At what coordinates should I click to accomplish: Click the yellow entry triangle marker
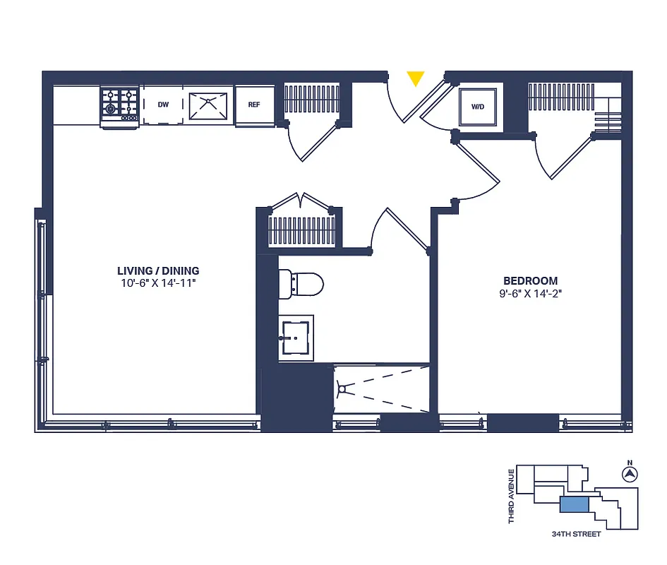tap(416, 78)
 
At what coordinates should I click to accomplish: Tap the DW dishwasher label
tap(163, 105)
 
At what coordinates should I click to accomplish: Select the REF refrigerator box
tap(254, 105)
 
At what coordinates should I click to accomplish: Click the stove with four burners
tap(119, 104)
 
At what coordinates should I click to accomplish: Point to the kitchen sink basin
tap(209, 104)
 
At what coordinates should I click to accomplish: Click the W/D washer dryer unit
tap(478, 107)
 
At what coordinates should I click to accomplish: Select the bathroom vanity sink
tap(296, 337)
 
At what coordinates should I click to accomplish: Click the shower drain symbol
tap(343, 388)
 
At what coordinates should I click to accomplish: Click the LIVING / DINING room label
tap(158, 270)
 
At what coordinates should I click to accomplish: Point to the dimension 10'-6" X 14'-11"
tap(158, 283)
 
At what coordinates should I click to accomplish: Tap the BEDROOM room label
tap(530, 280)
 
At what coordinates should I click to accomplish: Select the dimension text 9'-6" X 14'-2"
tap(530, 293)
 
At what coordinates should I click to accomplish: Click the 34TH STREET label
tap(577, 534)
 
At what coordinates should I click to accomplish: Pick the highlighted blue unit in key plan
tap(575, 504)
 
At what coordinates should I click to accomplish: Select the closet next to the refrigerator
tap(311, 100)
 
